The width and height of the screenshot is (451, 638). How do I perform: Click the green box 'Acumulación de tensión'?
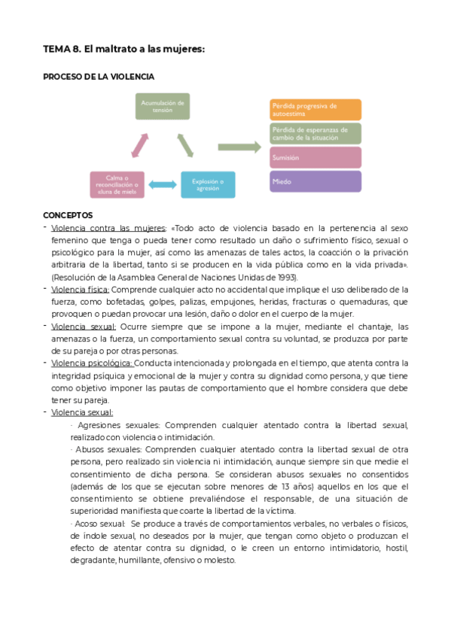tap(162, 106)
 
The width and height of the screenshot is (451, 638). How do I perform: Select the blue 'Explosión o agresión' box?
tap(207, 184)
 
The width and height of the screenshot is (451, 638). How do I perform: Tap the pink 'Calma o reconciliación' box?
tap(117, 184)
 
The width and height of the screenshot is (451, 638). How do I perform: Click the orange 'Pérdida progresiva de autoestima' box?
tap(315, 110)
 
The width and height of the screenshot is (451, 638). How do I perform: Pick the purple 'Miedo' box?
tap(315, 182)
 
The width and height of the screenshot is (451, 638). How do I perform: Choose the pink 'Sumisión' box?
tap(315, 158)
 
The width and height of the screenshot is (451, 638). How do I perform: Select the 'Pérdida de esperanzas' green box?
tap(315, 134)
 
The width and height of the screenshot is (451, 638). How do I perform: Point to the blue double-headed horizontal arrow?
tap(162, 184)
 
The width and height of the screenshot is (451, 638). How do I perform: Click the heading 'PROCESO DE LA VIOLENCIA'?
tap(99, 77)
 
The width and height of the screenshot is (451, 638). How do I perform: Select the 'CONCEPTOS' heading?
tap(68, 214)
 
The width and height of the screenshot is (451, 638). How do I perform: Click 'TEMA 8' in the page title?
tap(61, 49)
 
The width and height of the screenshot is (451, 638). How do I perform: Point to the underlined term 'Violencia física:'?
tap(80, 290)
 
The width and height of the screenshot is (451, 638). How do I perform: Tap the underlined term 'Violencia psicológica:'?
tap(92, 363)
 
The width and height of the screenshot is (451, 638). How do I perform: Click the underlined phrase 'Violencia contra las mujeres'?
tap(108, 228)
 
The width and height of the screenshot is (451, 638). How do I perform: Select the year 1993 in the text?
tap(285, 277)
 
